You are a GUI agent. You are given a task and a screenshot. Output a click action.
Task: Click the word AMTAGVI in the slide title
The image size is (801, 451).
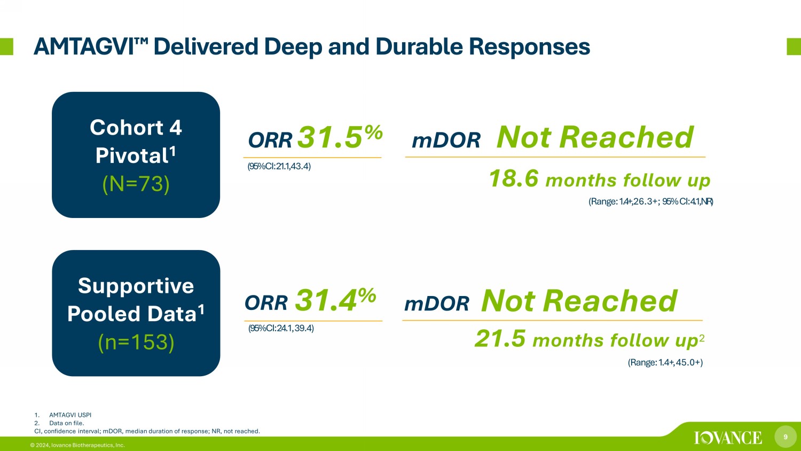click(84, 47)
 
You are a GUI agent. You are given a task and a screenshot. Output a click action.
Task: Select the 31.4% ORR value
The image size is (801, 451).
click(335, 300)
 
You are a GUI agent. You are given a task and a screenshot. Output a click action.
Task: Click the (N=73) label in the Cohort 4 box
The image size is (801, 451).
click(136, 184)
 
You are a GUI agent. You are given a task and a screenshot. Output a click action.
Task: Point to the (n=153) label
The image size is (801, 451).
click(136, 342)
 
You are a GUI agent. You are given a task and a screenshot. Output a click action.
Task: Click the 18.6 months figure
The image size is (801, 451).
click(514, 178)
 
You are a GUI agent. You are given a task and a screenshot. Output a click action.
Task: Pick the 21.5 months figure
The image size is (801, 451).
click(500, 338)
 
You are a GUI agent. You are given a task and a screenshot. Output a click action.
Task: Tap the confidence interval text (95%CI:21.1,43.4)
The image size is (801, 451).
click(279, 166)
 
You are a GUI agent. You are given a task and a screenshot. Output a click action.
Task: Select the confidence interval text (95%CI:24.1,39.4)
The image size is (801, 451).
click(281, 328)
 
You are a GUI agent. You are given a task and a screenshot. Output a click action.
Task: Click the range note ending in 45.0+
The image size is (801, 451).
click(665, 363)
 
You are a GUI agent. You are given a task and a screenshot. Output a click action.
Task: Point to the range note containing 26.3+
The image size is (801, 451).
click(651, 201)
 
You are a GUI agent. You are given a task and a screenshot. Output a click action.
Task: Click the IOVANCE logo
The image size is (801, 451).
click(728, 438)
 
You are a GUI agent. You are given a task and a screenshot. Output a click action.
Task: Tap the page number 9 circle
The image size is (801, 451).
click(786, 437)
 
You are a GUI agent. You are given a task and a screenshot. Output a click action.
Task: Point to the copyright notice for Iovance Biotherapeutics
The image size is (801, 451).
click(77, 445)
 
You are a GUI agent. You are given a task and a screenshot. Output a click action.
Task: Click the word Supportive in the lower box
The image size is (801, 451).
click(136, 286)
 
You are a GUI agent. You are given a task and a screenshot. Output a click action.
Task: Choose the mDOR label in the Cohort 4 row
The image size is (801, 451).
click(446, 141)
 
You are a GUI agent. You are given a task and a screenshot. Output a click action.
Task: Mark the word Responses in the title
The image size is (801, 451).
click(529, 47)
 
